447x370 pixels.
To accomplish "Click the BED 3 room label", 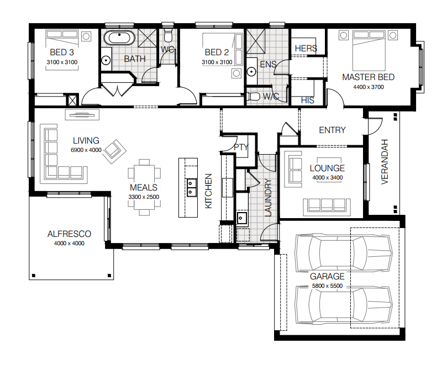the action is click(x=62, y=52).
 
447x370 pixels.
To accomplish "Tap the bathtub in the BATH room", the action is click(x=119, y=38).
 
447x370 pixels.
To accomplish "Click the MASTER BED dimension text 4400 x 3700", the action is click(x=369, y=87).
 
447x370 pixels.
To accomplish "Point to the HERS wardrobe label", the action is click(x=306, y=49).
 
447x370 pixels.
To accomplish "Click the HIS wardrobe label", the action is click(x=307, y=101).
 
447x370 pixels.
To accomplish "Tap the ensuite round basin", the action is click(x=251, y=71).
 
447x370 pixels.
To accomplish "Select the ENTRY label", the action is click(x=332, y=130).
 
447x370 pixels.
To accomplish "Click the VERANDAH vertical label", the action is click(x=385, y=161).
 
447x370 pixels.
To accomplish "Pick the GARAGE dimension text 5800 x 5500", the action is click(x=327, y=286).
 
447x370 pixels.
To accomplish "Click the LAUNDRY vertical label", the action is click(x=268, y=197).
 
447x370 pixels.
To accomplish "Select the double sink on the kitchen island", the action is click(x=191, y=187).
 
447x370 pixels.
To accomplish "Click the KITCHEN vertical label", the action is click(x=208, y=191).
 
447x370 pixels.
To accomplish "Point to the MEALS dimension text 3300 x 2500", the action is click(x=144, y=197).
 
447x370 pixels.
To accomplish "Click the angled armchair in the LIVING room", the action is click(x=114, y=151).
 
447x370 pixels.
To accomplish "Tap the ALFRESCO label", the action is click(x=69, y=234).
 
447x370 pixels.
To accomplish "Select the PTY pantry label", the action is click(x=241, y=147).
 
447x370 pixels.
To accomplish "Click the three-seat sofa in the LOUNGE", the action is click(x=327, y=207).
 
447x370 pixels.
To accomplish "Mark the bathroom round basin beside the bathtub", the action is click(x=106, y=60).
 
